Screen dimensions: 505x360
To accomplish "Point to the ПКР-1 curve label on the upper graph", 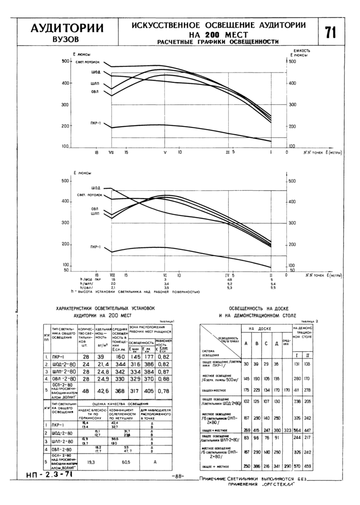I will click(95, 123).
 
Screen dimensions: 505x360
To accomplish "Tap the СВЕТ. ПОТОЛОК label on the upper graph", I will click(87, 62).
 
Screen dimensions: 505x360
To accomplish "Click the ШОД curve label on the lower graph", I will click(96, 188).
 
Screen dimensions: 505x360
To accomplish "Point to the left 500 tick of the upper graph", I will click(65, 61).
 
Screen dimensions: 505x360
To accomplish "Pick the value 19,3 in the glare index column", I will click(91, 462).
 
